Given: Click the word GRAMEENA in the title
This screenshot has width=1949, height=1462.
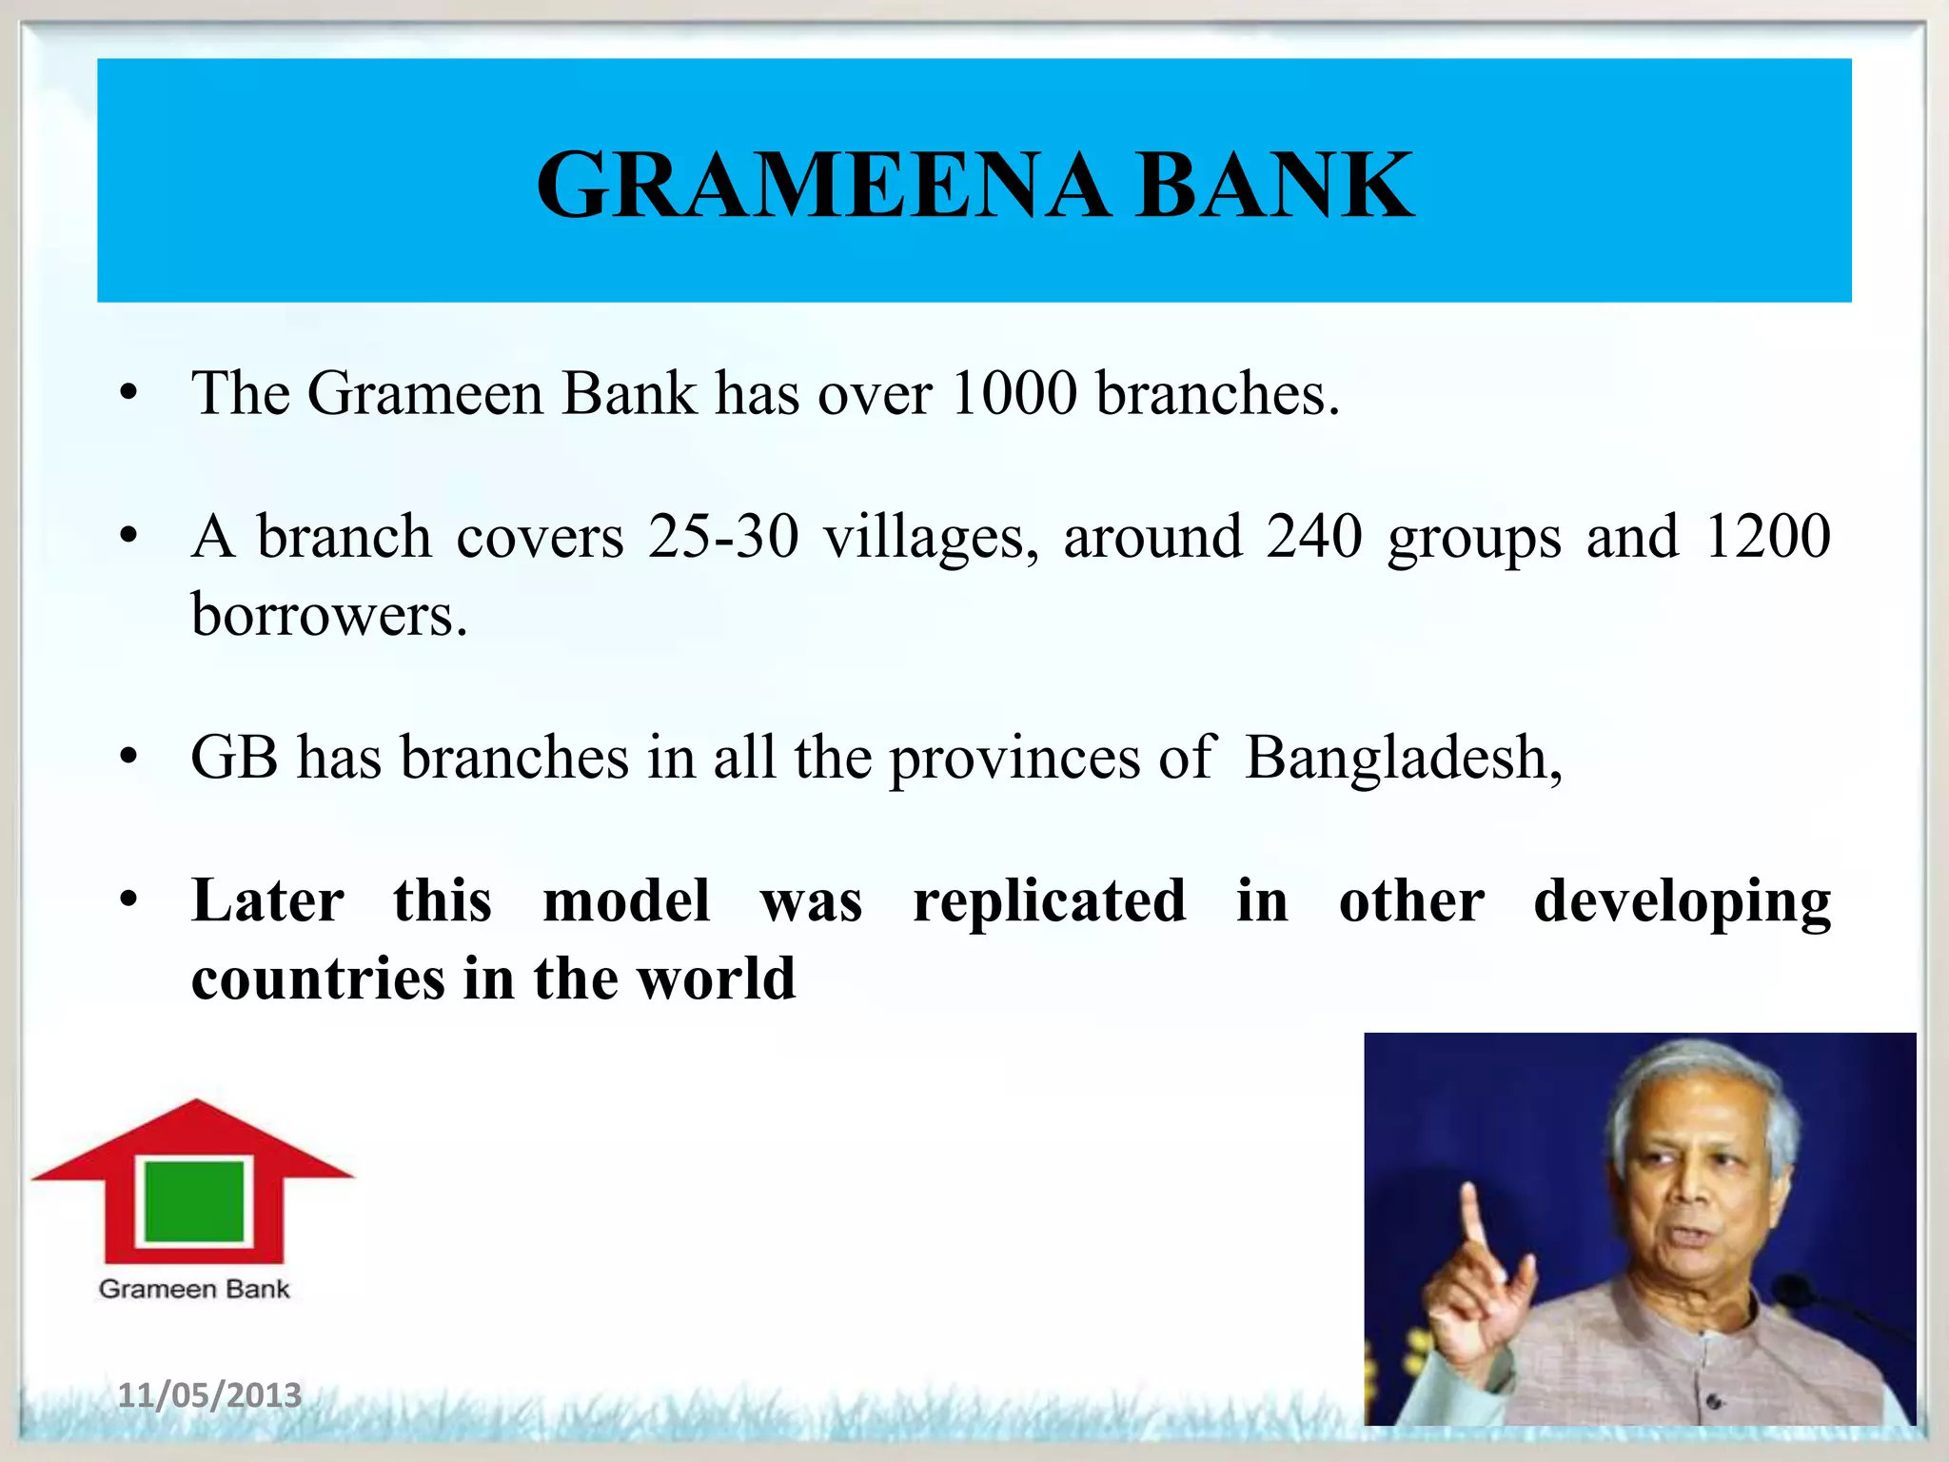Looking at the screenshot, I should pyautogui.click(x=823, y=185).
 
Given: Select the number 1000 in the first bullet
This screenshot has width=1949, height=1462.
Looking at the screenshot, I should pyautogui.click(x=1014, y=392).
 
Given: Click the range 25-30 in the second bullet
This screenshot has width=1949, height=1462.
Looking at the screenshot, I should pyautogui.click(x=723, y=537).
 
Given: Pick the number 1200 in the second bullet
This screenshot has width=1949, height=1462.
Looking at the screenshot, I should pyautogui.click(x=1767, y=537).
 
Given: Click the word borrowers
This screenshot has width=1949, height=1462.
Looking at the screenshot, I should pyautogui.click(x=329, y=615).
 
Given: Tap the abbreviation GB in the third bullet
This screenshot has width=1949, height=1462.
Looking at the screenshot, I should pyautogui.click(x=234, y=758).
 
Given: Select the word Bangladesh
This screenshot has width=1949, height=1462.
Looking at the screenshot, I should pyautogui.click(x=1403, y=758).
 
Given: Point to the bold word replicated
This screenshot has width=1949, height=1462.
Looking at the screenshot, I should pyautogui.click(x=1049, y=900).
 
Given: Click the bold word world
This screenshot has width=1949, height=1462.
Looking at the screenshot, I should pyautogui.click(x=716, y=978).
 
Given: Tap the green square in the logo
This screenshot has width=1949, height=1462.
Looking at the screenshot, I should pyautogui.click(x=194, y=1201).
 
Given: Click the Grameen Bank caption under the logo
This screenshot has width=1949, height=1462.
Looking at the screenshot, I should pyautogui.click(x=194, y=1289).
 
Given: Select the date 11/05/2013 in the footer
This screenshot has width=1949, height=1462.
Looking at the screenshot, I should pyautogui.click(x=209, y=1395).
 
